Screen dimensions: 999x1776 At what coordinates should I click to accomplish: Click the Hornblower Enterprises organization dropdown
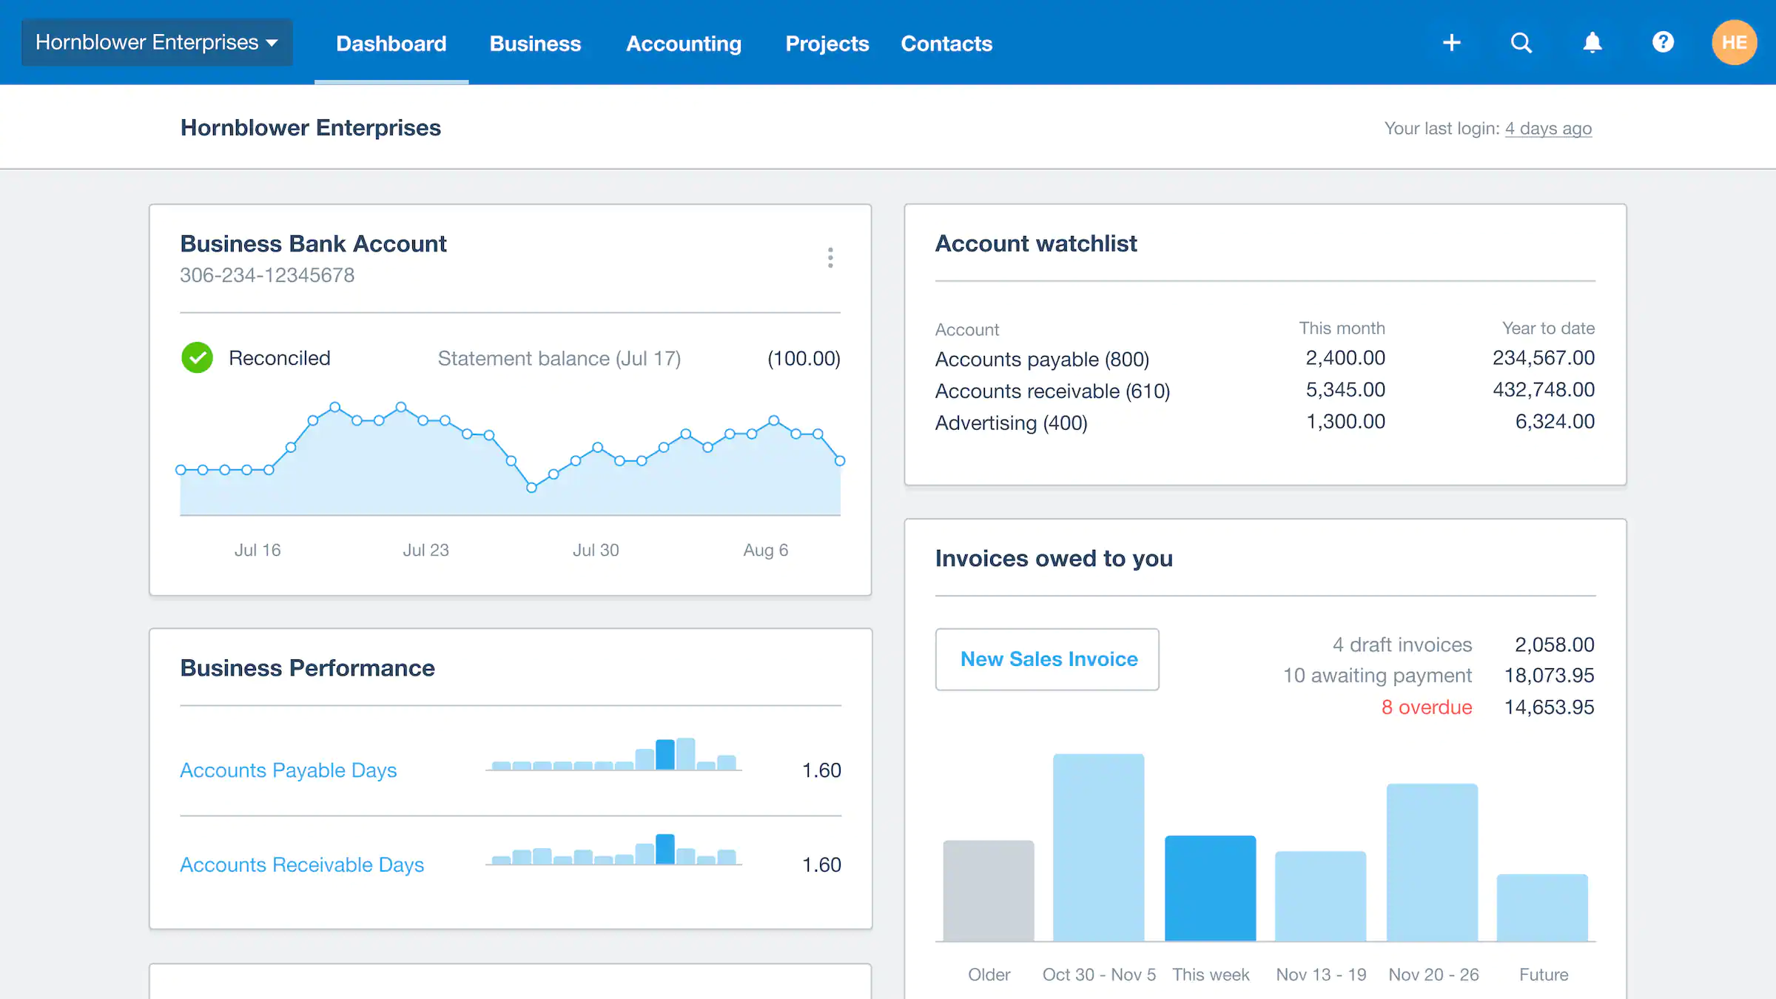click(157, 42)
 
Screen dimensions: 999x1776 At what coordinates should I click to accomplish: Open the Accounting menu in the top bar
click(683, 44)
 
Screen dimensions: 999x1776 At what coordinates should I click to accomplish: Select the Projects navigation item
click(827, 44)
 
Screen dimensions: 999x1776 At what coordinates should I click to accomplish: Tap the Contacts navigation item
click(946, 44)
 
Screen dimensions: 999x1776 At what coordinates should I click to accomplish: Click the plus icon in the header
click(1451, 42)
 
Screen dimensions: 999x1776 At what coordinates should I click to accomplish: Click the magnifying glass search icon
click(1521, 42)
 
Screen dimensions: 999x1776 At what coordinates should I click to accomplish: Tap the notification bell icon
click(1592, 42)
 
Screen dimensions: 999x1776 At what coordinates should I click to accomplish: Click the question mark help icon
click(1662, 42)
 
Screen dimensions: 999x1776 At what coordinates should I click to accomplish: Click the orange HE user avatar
click(1733, 42)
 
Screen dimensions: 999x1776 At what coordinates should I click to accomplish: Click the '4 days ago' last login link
click(1547, 129)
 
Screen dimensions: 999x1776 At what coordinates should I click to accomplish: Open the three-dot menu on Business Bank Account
click(830, 258)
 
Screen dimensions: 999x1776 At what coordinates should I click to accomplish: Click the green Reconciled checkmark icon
click(197, 358)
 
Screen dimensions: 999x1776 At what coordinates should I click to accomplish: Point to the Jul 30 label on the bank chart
click(595, 550)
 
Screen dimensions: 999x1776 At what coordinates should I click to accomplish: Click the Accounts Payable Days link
click(288, 770)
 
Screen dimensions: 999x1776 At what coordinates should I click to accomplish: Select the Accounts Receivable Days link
click(301, 865)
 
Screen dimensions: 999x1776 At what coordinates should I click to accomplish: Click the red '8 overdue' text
click(1426, 707)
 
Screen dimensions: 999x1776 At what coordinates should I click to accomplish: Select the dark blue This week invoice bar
click(1210, 888)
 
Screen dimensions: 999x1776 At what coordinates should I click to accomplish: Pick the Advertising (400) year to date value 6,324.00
click(1554, 422)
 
